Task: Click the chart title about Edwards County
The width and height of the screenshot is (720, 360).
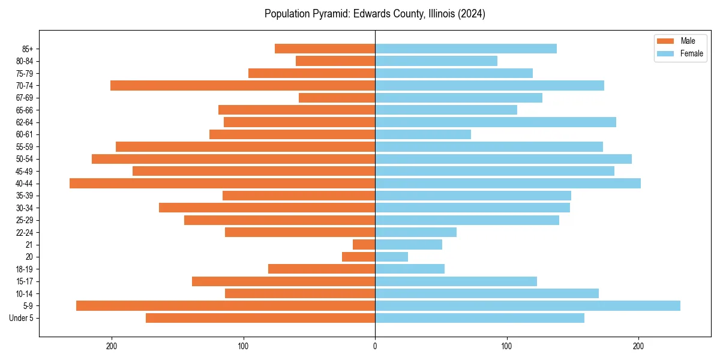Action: tap(375, 14)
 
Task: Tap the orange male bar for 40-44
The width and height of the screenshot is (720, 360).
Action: tap(222, 183)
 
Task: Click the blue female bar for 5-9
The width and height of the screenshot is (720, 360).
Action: tap(527, 305)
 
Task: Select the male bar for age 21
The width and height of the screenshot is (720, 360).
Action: tap(364, 244)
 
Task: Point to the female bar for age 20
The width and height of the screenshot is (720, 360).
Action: tap(391, 257)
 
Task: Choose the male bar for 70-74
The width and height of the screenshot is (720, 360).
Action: tap(242, 85)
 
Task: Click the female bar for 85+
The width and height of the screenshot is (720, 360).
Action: tap(466, 49)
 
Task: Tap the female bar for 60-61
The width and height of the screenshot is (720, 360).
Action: tap(423, 134)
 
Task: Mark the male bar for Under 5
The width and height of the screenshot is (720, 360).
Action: tap(260, 318)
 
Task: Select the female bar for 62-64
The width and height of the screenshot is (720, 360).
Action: tap(496, 122)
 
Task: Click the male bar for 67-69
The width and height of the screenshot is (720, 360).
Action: tap(337, 98)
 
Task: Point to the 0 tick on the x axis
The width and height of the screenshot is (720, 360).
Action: tap(375, 346)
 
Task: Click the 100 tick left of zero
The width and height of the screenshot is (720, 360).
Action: tap(243, 346)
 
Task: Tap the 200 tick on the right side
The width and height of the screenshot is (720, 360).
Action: tap(638, 346)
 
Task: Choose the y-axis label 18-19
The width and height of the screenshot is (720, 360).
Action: tap(24, 269)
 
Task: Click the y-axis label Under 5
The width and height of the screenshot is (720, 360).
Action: tap(22, 318)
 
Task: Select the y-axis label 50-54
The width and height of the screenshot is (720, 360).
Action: tap(24, 159)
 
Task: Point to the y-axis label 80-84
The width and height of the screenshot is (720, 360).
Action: tap(24, 61)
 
